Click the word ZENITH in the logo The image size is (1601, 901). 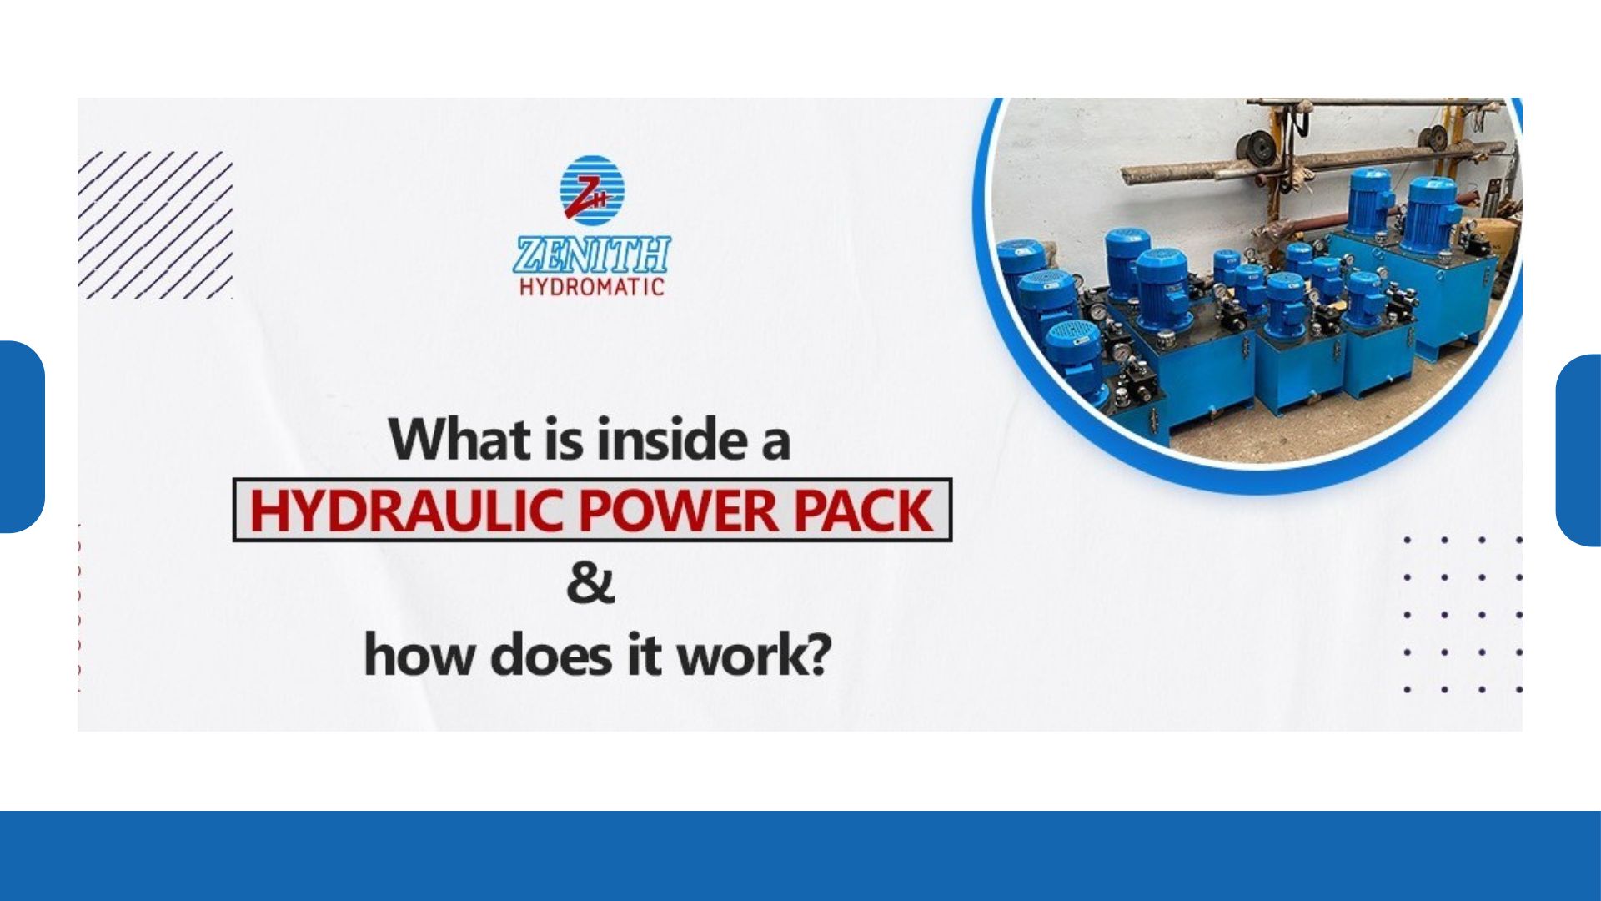point(592,254)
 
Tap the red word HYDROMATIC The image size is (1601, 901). point(592,287)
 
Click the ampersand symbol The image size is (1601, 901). point(590,584)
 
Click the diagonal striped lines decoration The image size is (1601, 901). point(155,225)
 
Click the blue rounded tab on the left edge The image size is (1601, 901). point(22,436)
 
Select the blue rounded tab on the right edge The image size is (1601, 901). point(1578,450)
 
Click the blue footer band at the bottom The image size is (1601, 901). point(800,856)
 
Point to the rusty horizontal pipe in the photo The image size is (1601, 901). point(1314,162)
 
